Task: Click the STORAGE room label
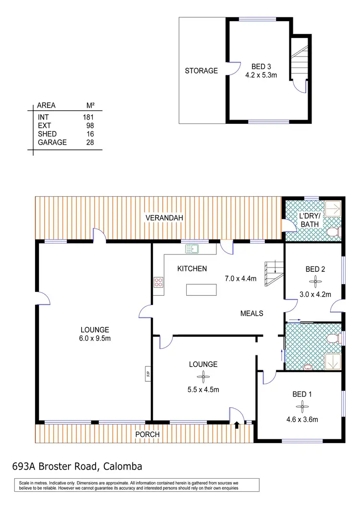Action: pos(201,71)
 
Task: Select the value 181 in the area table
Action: pos(87,117)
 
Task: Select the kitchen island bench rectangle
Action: pos(201,291)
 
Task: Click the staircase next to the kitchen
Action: pos(272,274)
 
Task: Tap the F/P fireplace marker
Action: pos(149,373)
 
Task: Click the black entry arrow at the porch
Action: pos(237,424)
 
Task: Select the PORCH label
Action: pos(147,435)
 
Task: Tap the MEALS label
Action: pos(252,313)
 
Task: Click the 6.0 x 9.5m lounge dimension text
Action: pos(95,338)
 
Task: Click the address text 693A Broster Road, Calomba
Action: pos(77,466)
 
